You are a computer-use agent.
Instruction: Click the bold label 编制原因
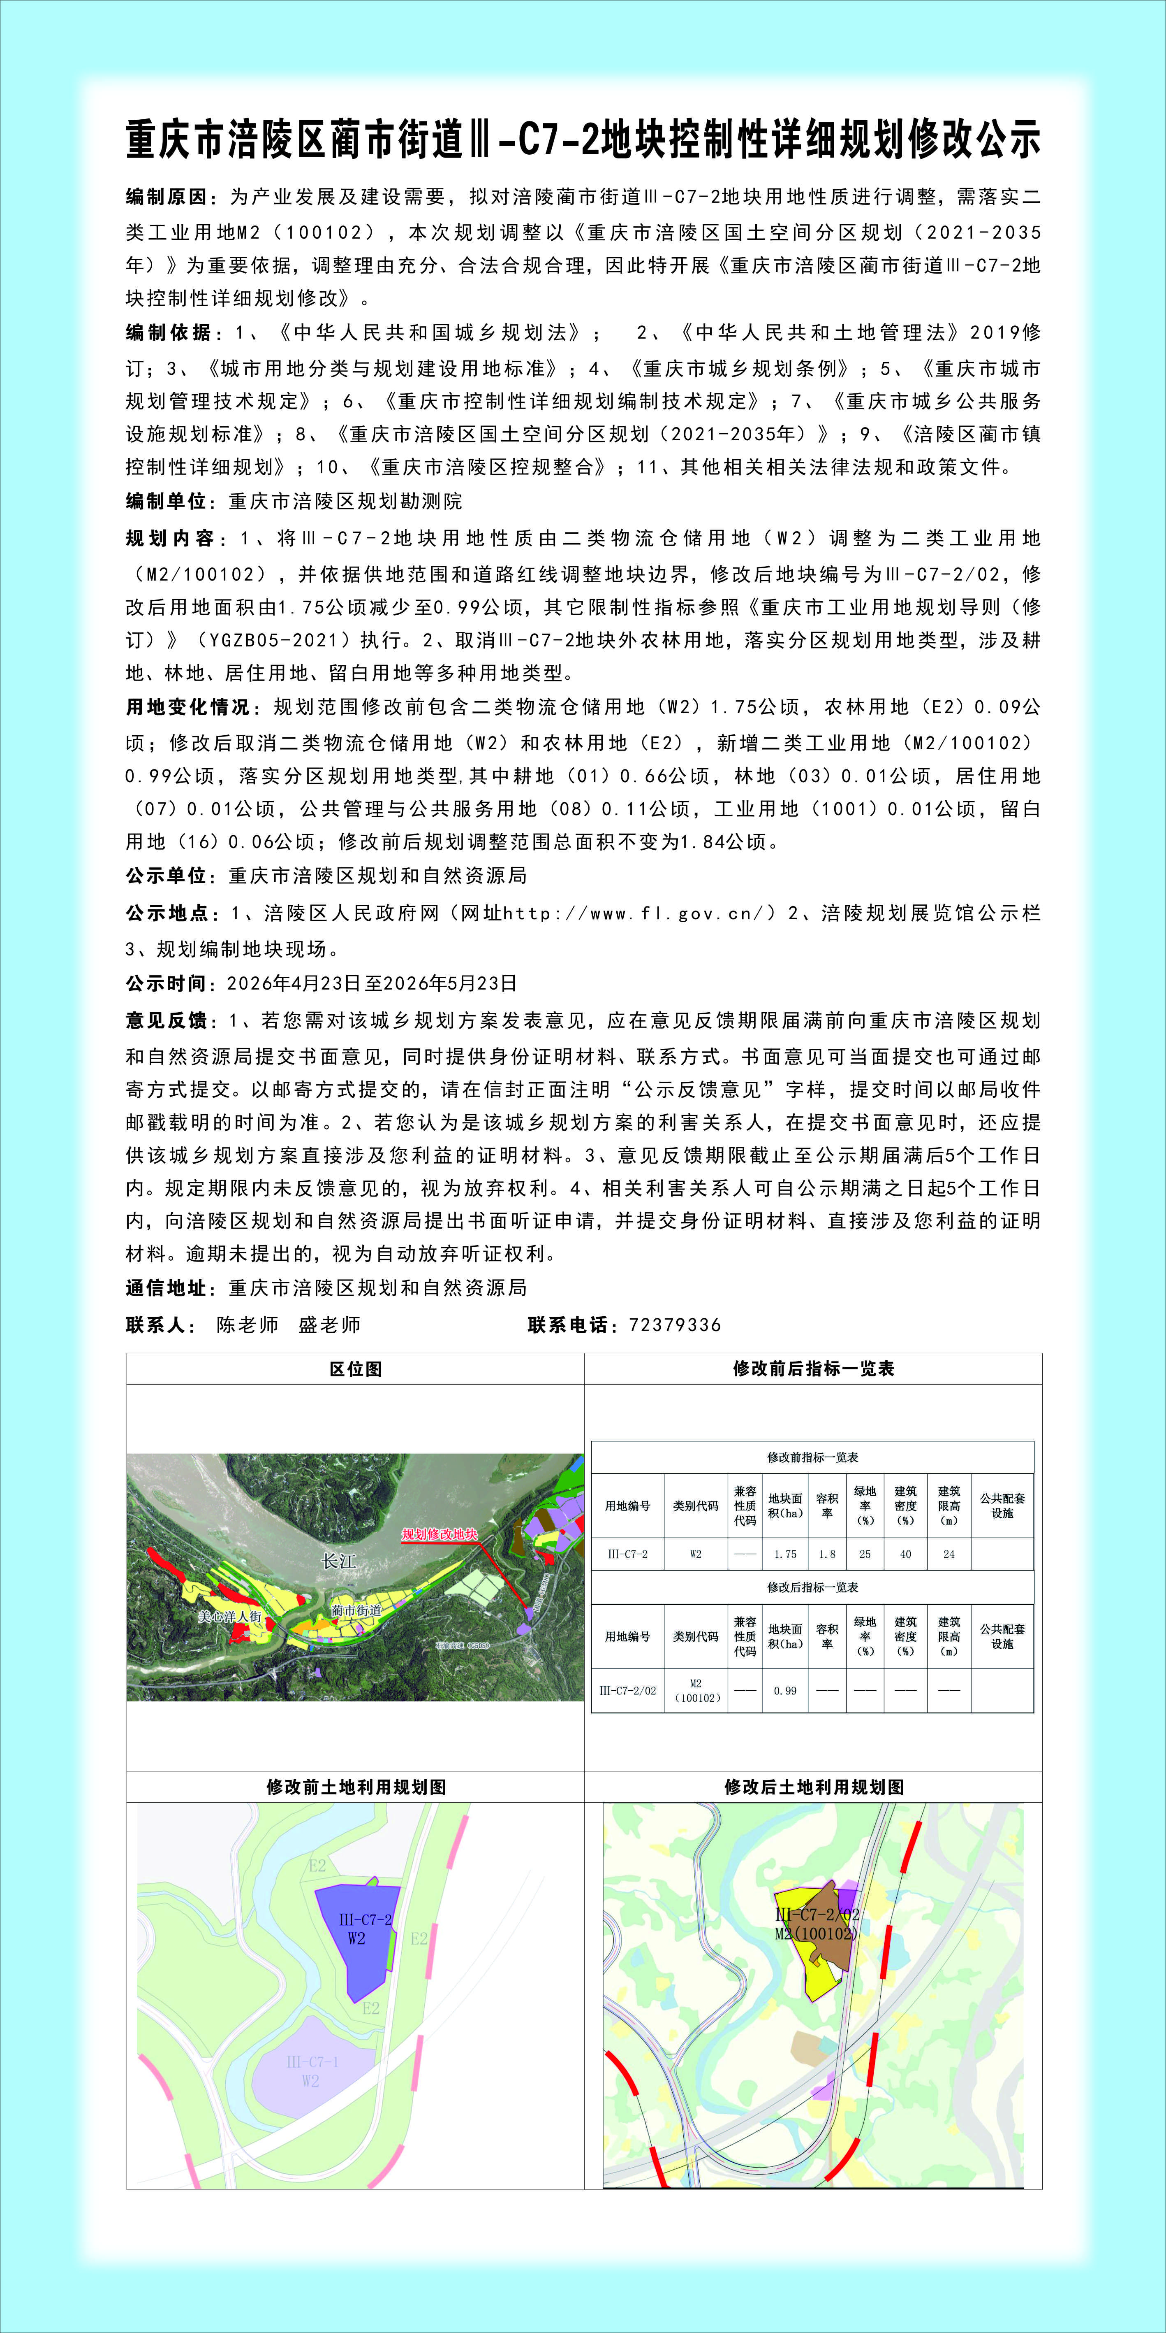169,198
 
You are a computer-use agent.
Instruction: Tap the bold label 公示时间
169,983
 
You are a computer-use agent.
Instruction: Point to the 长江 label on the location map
340,1562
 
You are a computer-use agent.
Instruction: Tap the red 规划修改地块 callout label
439,1534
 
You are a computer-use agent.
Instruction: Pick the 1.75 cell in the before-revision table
785,1554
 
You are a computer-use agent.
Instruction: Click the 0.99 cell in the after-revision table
785,1691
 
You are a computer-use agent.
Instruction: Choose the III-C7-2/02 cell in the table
627,1691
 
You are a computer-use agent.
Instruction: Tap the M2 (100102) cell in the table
695,1691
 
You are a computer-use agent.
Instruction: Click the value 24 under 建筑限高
949,1554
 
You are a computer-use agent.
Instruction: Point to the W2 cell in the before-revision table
695,1554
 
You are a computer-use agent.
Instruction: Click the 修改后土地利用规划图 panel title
813,1787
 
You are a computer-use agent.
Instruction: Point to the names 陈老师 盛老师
288,1325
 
